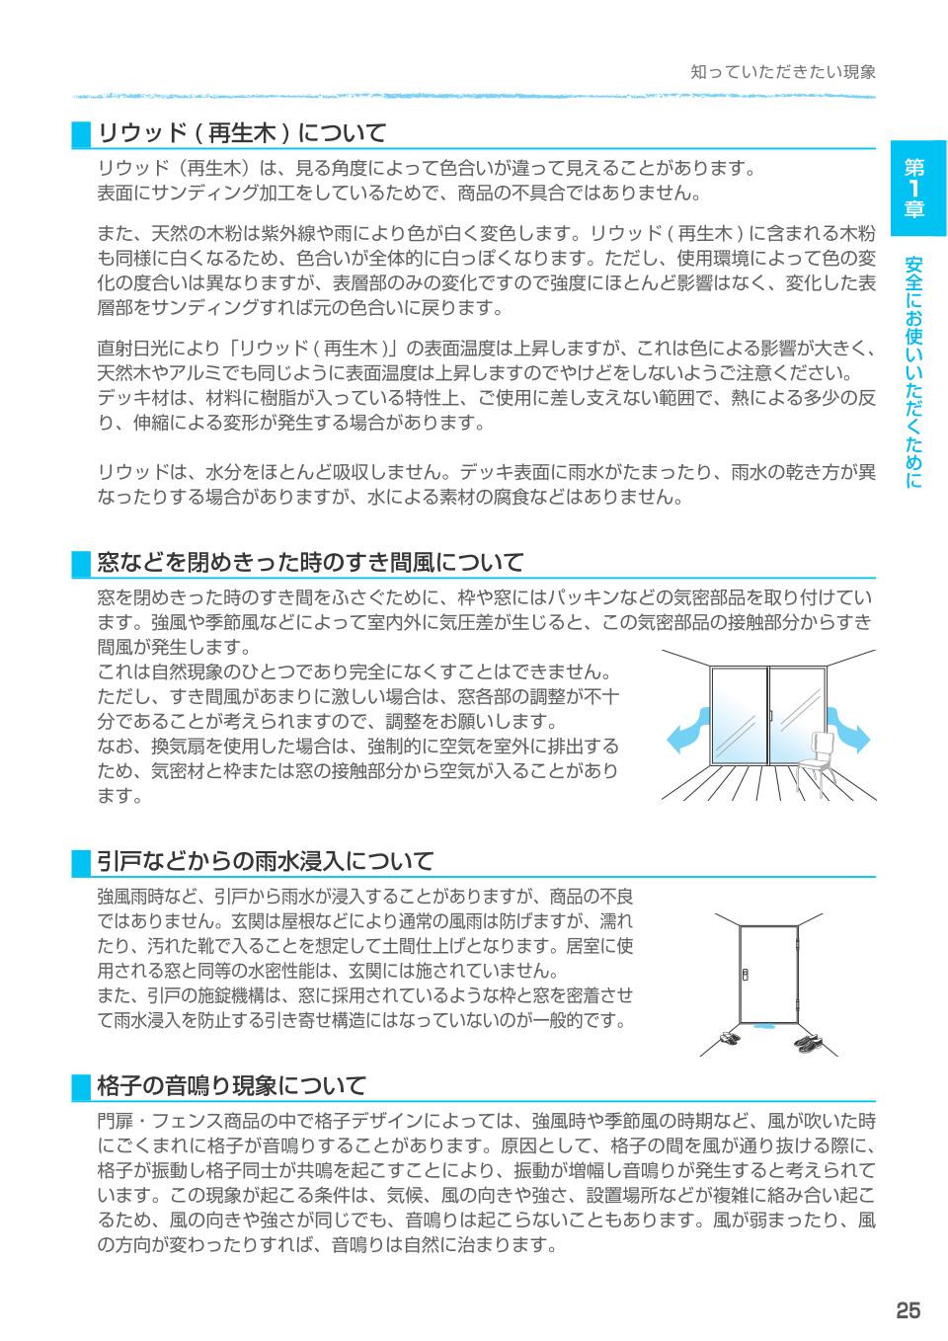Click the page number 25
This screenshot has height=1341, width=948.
click(908, 1310)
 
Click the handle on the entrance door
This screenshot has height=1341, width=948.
click(747, 974)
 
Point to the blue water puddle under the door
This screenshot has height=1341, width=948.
click(763, 1027)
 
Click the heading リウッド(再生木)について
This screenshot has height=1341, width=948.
click(241, 132)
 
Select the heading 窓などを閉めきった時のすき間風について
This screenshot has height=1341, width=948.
click(310, 563)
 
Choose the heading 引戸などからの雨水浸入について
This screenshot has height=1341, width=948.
click(265, 862)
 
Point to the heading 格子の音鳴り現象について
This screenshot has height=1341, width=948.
click(232, 1086)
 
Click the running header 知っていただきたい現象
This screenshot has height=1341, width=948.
click(782, 72)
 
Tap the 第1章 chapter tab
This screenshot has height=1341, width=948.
click(916, 187)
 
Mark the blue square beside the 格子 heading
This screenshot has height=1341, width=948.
click(81, 1087)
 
